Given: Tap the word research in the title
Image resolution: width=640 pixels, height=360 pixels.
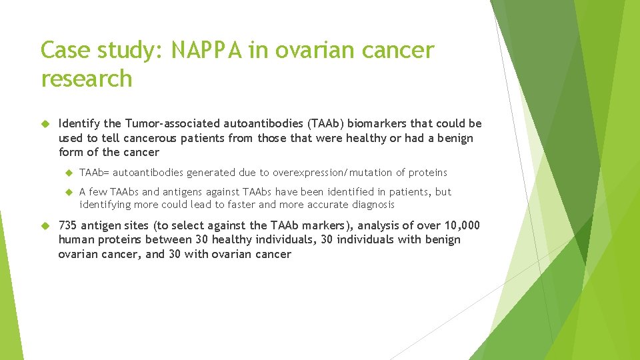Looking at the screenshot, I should [x=87, y=78].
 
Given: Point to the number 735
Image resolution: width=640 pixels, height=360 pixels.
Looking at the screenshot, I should [x=69, y=225].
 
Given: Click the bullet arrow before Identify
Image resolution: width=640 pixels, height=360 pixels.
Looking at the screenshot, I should [x=45, y=124].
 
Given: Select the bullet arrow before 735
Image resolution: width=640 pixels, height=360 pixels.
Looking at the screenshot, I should [x=45, y=225].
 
